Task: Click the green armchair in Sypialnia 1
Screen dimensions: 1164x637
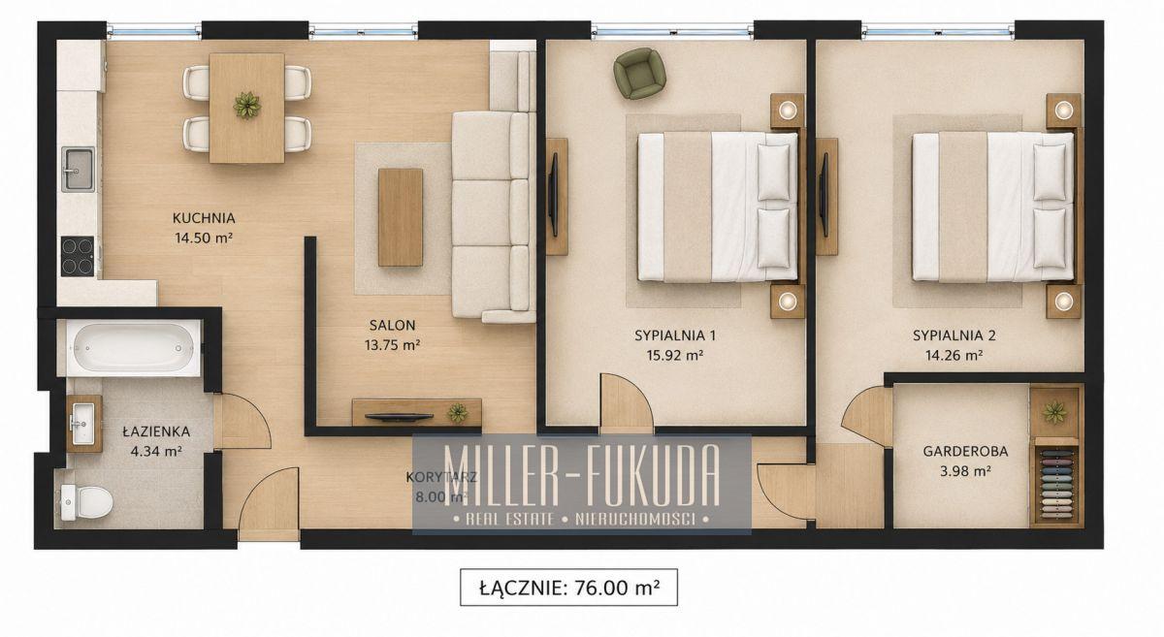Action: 639,74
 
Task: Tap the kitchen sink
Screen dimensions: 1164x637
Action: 78,169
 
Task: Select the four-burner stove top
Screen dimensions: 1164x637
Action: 78,256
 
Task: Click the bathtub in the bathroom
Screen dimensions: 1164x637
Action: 134,347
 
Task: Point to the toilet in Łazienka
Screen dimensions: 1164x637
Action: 86,502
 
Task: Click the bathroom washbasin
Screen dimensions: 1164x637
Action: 83,424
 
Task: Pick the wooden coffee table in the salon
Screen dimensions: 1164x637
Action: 400,217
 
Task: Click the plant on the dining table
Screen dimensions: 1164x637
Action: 246,106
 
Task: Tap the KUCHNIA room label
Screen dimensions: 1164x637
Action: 204,218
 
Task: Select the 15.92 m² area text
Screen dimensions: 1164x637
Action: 675,356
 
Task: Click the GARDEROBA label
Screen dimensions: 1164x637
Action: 965,452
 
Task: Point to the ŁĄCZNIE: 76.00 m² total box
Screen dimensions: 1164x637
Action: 569,588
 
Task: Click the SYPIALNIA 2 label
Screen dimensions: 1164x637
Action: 954,335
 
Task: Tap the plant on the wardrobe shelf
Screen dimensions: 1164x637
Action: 1053,412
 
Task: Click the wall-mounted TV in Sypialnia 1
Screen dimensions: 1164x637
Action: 554,195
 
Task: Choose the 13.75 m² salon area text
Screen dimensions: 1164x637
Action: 392,345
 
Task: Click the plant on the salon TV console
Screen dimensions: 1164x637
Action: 458,413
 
